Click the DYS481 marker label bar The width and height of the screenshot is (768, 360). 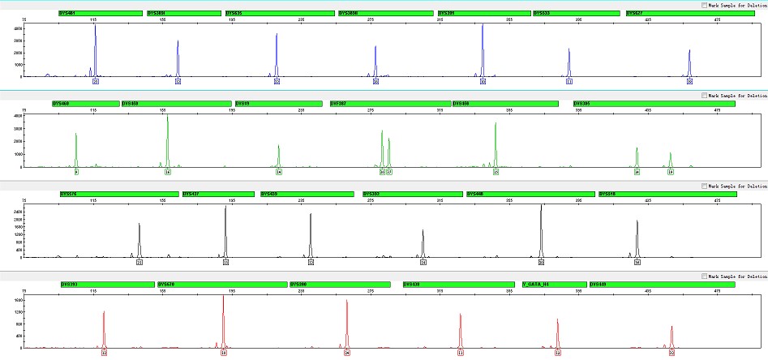100,13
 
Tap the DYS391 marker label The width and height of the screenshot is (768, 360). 483,13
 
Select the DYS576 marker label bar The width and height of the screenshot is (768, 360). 118,194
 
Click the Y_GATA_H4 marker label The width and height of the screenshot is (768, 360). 554,285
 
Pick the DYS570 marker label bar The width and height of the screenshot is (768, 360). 221,285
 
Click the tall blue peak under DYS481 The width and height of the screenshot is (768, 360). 95,49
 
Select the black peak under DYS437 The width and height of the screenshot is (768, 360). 225,231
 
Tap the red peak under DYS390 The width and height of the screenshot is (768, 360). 347,324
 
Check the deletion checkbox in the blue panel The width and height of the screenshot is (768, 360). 704,5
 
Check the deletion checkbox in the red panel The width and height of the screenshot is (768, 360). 704,276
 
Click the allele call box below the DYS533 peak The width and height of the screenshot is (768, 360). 569,82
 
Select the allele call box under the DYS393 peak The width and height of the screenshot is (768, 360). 104,354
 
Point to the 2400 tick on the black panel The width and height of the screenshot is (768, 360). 19,211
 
